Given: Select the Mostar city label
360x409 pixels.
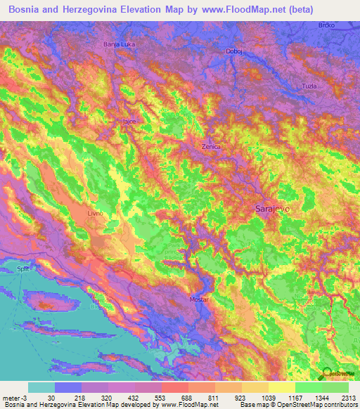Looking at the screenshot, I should point(200,300).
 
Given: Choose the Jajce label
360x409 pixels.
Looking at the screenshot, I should point(129,122).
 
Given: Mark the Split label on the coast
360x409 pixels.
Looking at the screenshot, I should point(23,269).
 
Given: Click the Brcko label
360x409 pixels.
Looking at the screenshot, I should point(345,25).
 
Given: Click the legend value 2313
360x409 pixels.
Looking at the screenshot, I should point(349,397).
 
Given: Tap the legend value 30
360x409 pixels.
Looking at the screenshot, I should point(52,397).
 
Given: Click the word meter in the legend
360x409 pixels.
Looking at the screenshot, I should point(11,397).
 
